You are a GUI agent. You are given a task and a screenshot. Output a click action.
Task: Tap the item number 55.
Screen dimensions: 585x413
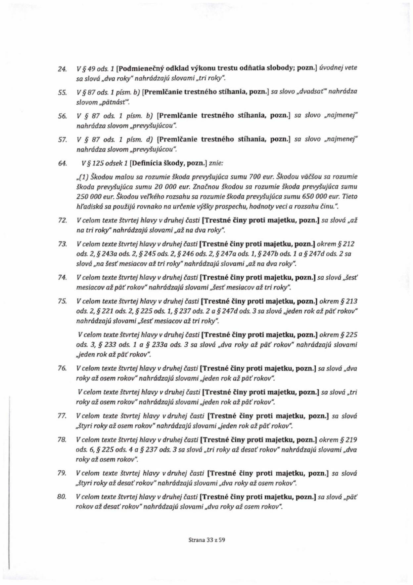62,92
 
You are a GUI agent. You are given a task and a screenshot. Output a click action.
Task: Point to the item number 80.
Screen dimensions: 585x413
62,497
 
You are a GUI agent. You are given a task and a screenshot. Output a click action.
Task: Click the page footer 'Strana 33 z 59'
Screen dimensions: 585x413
206,541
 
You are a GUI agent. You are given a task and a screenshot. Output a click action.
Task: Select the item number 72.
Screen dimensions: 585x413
62,220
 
